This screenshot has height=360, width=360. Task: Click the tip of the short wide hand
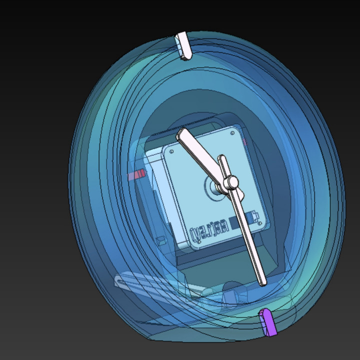[x=182, y=134]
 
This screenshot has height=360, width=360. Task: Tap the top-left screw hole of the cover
[x=171, y=151]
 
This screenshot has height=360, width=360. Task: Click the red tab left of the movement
[x=136, y=174]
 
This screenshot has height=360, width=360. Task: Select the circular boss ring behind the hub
[x=216, y=186]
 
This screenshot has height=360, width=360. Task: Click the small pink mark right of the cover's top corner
[x=245, y=142]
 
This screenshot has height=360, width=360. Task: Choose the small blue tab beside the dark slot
[x=254, y=216]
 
